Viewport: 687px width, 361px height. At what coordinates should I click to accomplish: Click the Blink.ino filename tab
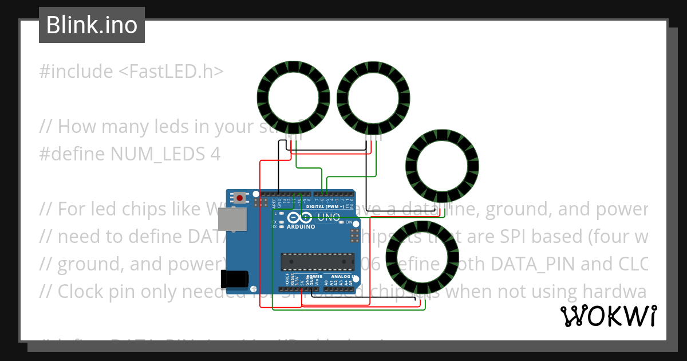pos(92,25)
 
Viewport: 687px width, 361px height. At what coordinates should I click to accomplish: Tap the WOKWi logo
pos(608,316)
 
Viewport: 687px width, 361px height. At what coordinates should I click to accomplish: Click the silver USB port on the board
pos(232,220)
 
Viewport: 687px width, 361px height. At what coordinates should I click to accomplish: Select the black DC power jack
pos(235,279)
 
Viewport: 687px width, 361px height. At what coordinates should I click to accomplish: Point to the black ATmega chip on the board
pos(317,261)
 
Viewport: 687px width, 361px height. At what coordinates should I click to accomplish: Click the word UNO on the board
pos(329,217)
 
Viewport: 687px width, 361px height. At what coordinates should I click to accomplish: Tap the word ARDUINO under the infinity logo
pos(301,226)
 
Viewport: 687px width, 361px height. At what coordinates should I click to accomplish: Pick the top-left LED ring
pos(293,96)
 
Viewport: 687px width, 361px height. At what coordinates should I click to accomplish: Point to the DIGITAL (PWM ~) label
pos(325,206)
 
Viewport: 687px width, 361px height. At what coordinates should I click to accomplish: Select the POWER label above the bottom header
pos(314,276)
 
